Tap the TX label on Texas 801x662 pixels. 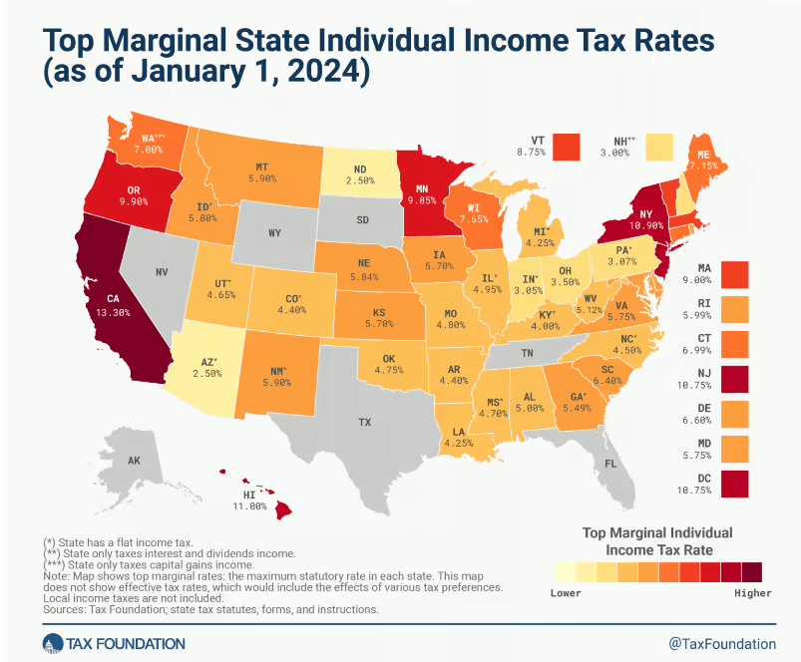[x=365, y=423]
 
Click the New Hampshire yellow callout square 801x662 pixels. [x=658, y=146]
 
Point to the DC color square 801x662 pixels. [x=734, y=483]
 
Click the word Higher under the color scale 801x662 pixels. [x=753, y=593]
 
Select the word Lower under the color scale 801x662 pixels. [x=566, y=593]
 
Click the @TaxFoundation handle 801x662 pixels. [x=722, y=643]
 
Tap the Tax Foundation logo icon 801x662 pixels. [x=52, y=643]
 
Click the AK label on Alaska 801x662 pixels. [x=134, y=461]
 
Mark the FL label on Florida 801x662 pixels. [x=611, y=465]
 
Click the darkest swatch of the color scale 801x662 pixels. [x=752, y=570]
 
